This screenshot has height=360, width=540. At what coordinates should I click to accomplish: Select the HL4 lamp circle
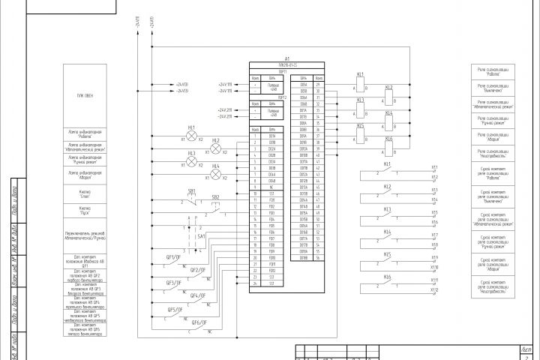tap(216, 175)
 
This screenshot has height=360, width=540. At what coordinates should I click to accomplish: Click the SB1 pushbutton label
tap(191, 190)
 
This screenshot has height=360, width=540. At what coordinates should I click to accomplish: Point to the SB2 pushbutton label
tap(216, 197)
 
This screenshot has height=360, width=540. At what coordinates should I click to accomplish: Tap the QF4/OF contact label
tap(198, 295)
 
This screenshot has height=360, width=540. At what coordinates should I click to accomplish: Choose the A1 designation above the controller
tap(288, 58)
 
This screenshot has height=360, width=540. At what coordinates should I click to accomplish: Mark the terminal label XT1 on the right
tap(434, 167)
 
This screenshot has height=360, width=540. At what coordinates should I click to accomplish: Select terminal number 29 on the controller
tap(318, 85)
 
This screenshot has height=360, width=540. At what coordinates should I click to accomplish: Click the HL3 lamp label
tap(191, 153)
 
